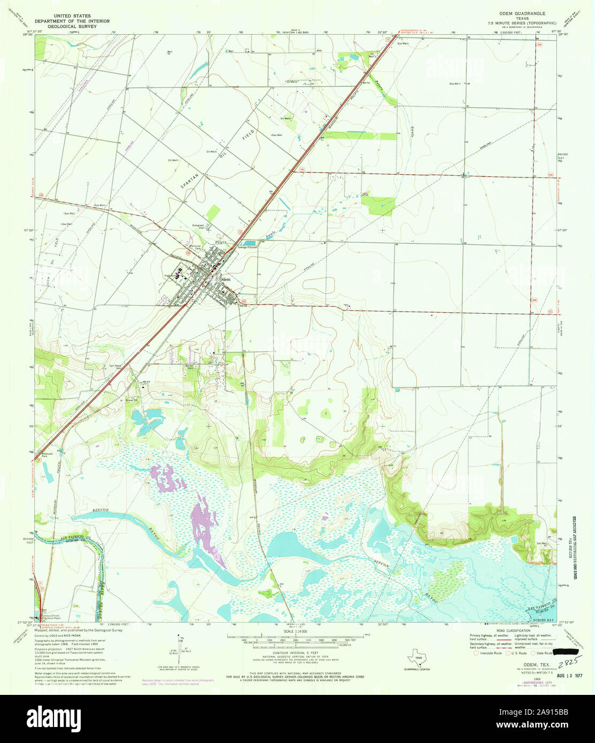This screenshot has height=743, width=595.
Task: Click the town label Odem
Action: (x=225, y=279)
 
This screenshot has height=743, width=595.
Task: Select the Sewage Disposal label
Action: (x=248, y=247)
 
